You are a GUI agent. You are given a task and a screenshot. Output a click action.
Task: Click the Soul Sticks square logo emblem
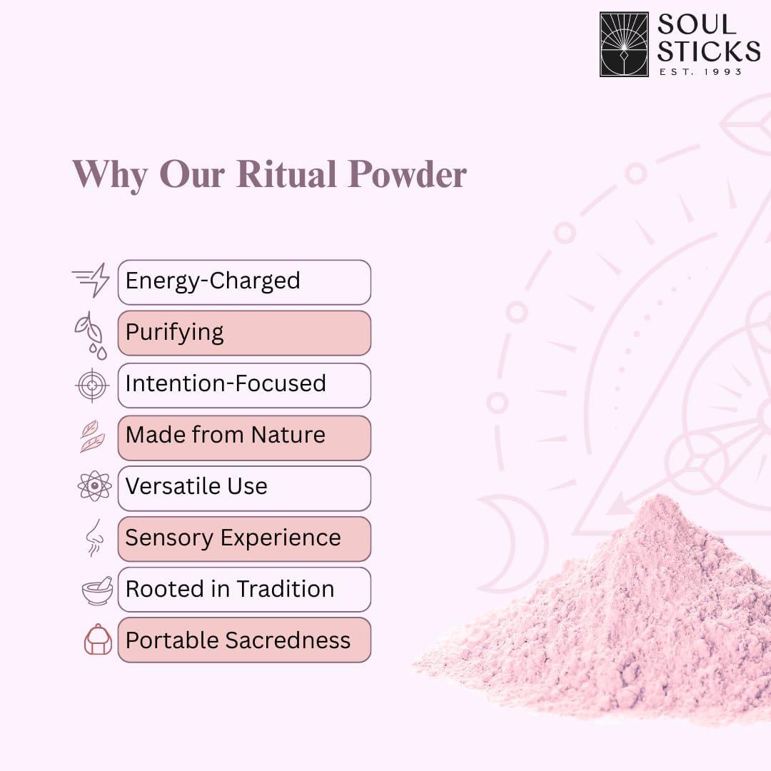tap(624, 44)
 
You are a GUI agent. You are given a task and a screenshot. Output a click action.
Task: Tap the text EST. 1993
tap(700, 72)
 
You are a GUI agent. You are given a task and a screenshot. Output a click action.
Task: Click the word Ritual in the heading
tap(287, 174)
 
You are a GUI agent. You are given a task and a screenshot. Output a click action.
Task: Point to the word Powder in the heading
tap(407, 174)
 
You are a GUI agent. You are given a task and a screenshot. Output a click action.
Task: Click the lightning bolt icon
tap(91, 280)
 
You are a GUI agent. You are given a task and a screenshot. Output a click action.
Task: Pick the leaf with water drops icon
tap(91, 336)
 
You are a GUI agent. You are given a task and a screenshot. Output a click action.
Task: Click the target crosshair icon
tap(92, 385)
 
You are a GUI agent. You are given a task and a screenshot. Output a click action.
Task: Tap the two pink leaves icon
tap(92, 436)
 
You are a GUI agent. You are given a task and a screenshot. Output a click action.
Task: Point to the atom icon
tap(94, 486)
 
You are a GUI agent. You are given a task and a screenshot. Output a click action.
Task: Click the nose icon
tap(94, 538)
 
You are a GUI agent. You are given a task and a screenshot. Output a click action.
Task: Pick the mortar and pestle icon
tap(97, 590)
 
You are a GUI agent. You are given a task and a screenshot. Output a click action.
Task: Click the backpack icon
tap(98, 639)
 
